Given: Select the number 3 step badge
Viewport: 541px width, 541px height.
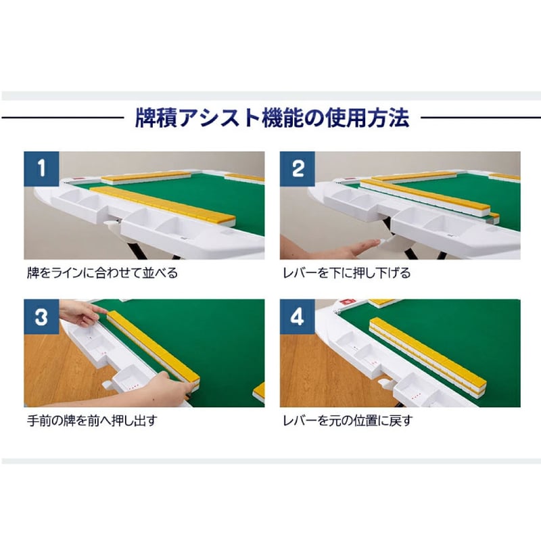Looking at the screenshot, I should tap(42, 317).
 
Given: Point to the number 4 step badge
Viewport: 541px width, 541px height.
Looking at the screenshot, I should tap(298, 317).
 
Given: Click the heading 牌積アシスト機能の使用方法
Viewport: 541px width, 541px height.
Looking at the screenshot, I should tap(273, 119).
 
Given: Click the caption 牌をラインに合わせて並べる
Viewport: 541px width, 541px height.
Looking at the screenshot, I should tap(101, 274).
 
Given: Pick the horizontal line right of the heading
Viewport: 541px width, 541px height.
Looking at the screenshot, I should tap(480, 119).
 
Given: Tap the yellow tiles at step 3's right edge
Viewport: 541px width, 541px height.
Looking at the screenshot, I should tap(259, 392).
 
